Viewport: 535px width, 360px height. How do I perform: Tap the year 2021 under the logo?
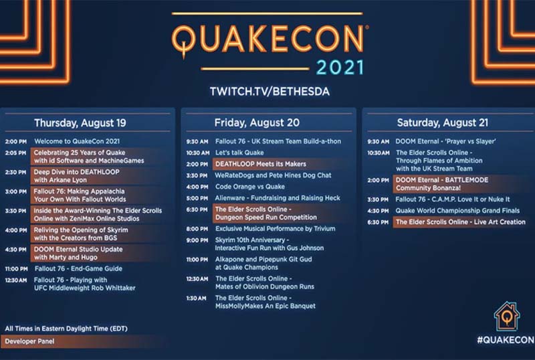coord(340,68)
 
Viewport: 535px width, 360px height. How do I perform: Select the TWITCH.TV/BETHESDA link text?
coord(270,92)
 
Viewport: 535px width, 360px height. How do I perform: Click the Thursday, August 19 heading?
coord(80,123)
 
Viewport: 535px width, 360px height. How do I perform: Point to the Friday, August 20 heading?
coord(257,122)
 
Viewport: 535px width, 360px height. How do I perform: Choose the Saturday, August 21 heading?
coord(443,122)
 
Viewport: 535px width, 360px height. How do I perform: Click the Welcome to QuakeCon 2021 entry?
coord(77,141)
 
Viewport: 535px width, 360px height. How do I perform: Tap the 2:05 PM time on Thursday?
coord(15,153)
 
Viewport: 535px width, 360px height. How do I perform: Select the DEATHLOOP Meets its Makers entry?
coord(261,164)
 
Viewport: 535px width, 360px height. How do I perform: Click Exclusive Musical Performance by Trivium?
coord(276,229)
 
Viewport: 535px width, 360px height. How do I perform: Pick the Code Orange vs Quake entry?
coord(249,187)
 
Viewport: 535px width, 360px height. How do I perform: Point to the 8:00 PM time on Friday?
coord(197,230)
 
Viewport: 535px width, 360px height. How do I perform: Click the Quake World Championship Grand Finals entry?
coord(457,211)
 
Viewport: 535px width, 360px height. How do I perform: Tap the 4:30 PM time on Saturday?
coord(378,211)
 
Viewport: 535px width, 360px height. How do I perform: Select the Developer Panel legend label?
coord(29,341)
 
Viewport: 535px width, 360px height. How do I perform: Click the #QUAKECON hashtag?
coord(506,340)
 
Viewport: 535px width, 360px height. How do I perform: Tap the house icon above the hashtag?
coord(507,317)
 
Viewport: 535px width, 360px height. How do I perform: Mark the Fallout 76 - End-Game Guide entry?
coord(78,269)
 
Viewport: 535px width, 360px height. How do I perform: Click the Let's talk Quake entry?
coord(239,153)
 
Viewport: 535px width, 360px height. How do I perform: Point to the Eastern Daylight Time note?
coord(66,329)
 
